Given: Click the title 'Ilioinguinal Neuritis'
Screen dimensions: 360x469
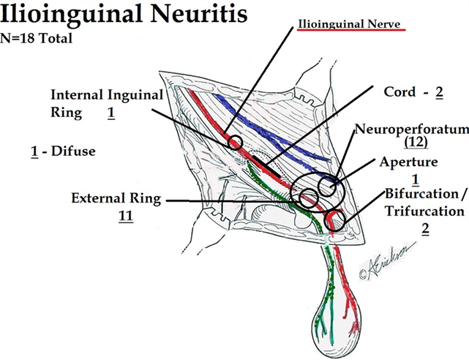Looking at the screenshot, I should (x=124, y=15).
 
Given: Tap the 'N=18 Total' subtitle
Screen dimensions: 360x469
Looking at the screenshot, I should (x=41, y=38).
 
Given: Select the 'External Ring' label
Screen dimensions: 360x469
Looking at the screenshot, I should (x=116, y=198).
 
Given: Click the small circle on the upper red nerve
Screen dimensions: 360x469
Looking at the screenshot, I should (x=236, y=143).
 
